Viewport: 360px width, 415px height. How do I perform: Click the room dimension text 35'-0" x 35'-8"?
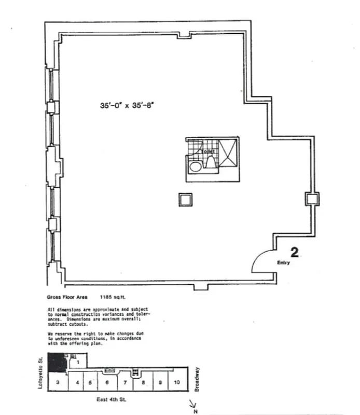pos(128,104)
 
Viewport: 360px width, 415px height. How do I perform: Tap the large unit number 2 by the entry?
pos(295,253)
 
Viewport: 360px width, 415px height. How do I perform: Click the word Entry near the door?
pos(284,263)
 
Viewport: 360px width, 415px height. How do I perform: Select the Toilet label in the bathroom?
pos(206,151)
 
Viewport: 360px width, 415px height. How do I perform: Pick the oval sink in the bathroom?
pos(196,167)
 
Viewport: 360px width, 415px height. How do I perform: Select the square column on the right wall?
pos(312,199)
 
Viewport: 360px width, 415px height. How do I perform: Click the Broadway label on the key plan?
pos(198,379)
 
